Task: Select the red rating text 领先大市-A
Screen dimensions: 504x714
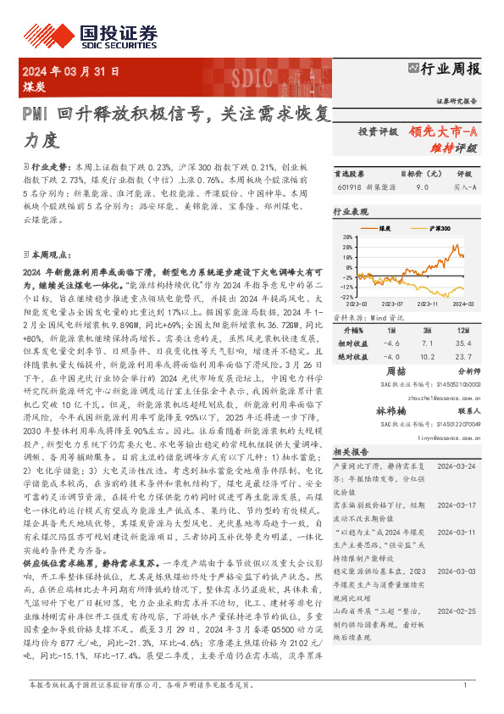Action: point(444,131)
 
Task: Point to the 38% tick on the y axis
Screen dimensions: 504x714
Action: point(347,237)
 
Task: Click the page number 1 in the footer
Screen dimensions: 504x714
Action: point(465,685)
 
